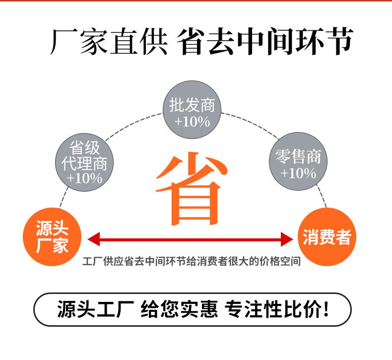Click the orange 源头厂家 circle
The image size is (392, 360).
(52, 238)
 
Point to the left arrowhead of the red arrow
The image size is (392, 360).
(92, 239)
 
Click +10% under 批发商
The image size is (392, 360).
(192, 121)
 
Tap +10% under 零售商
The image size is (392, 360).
(298, 173)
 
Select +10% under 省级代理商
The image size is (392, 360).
(84, 177)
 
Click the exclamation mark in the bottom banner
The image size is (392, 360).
(326, 310)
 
